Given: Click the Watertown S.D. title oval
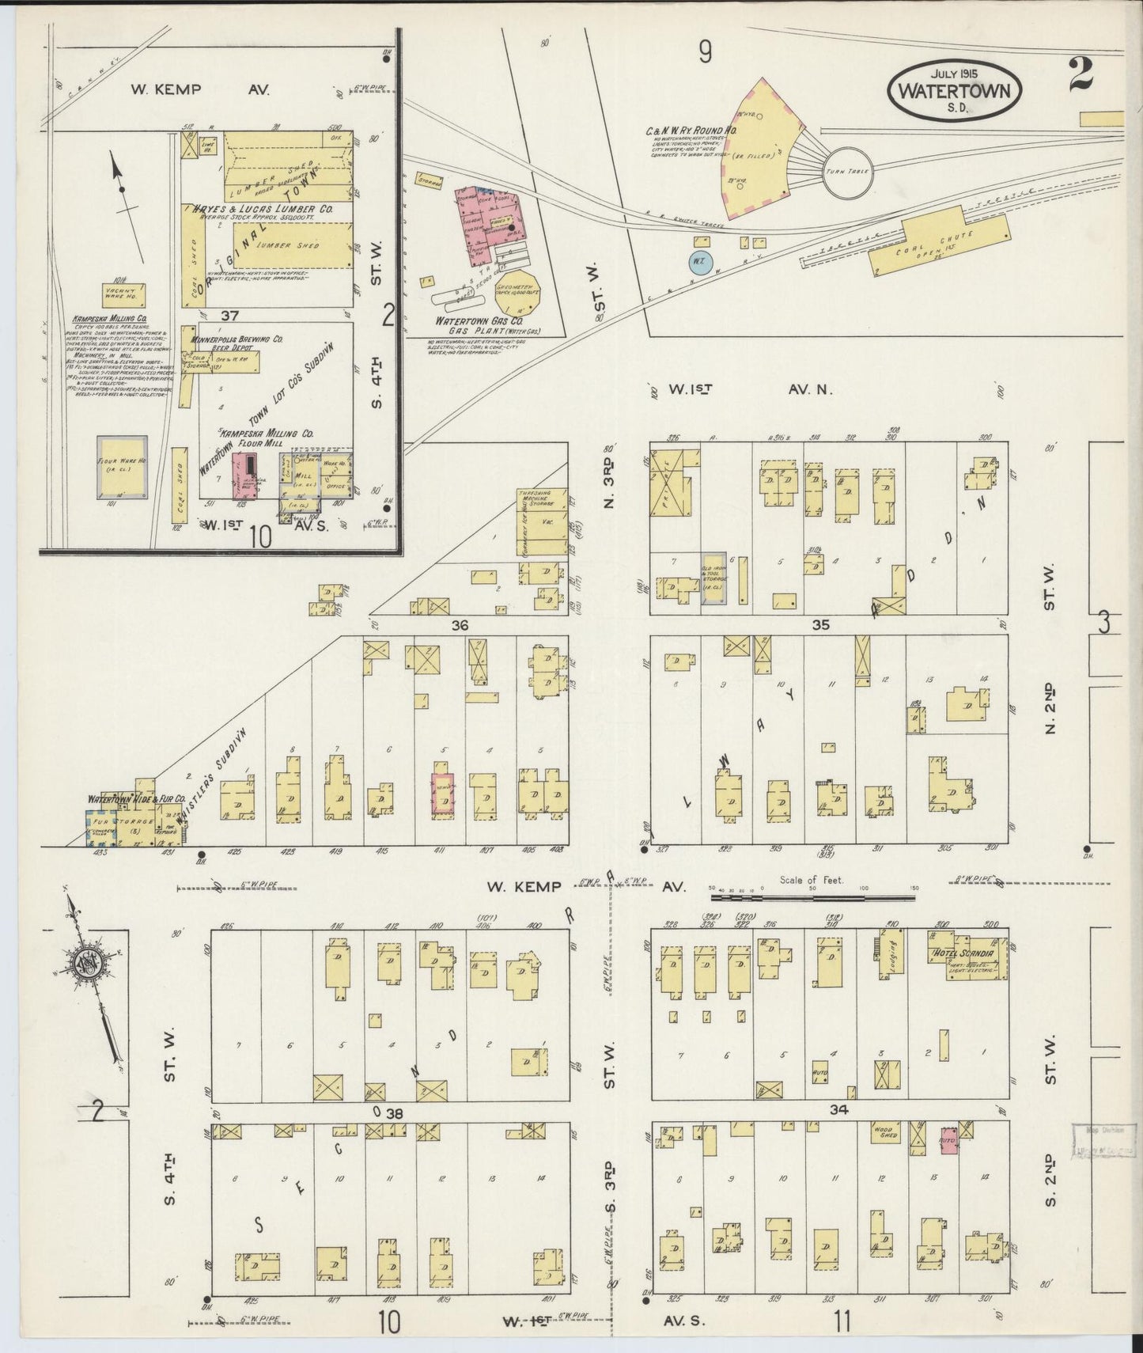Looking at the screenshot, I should pyautogui.click(x=955, y=89).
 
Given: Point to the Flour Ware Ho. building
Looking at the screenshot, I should pyautogui.click(x=121, y=467).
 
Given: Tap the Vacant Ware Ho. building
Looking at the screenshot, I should pyautogui.click(x=123, y=294).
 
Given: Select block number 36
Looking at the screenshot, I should pyautogui.click(x=460, y=626).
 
